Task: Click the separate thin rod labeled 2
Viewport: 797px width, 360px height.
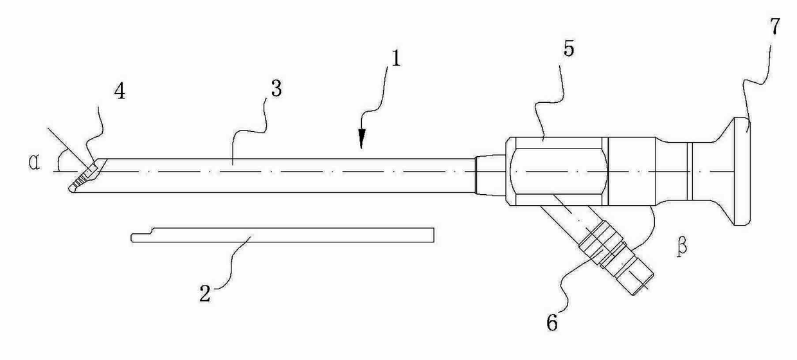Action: click(x=283, y=235)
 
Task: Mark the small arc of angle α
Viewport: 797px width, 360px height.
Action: click(x=59, y=161)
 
